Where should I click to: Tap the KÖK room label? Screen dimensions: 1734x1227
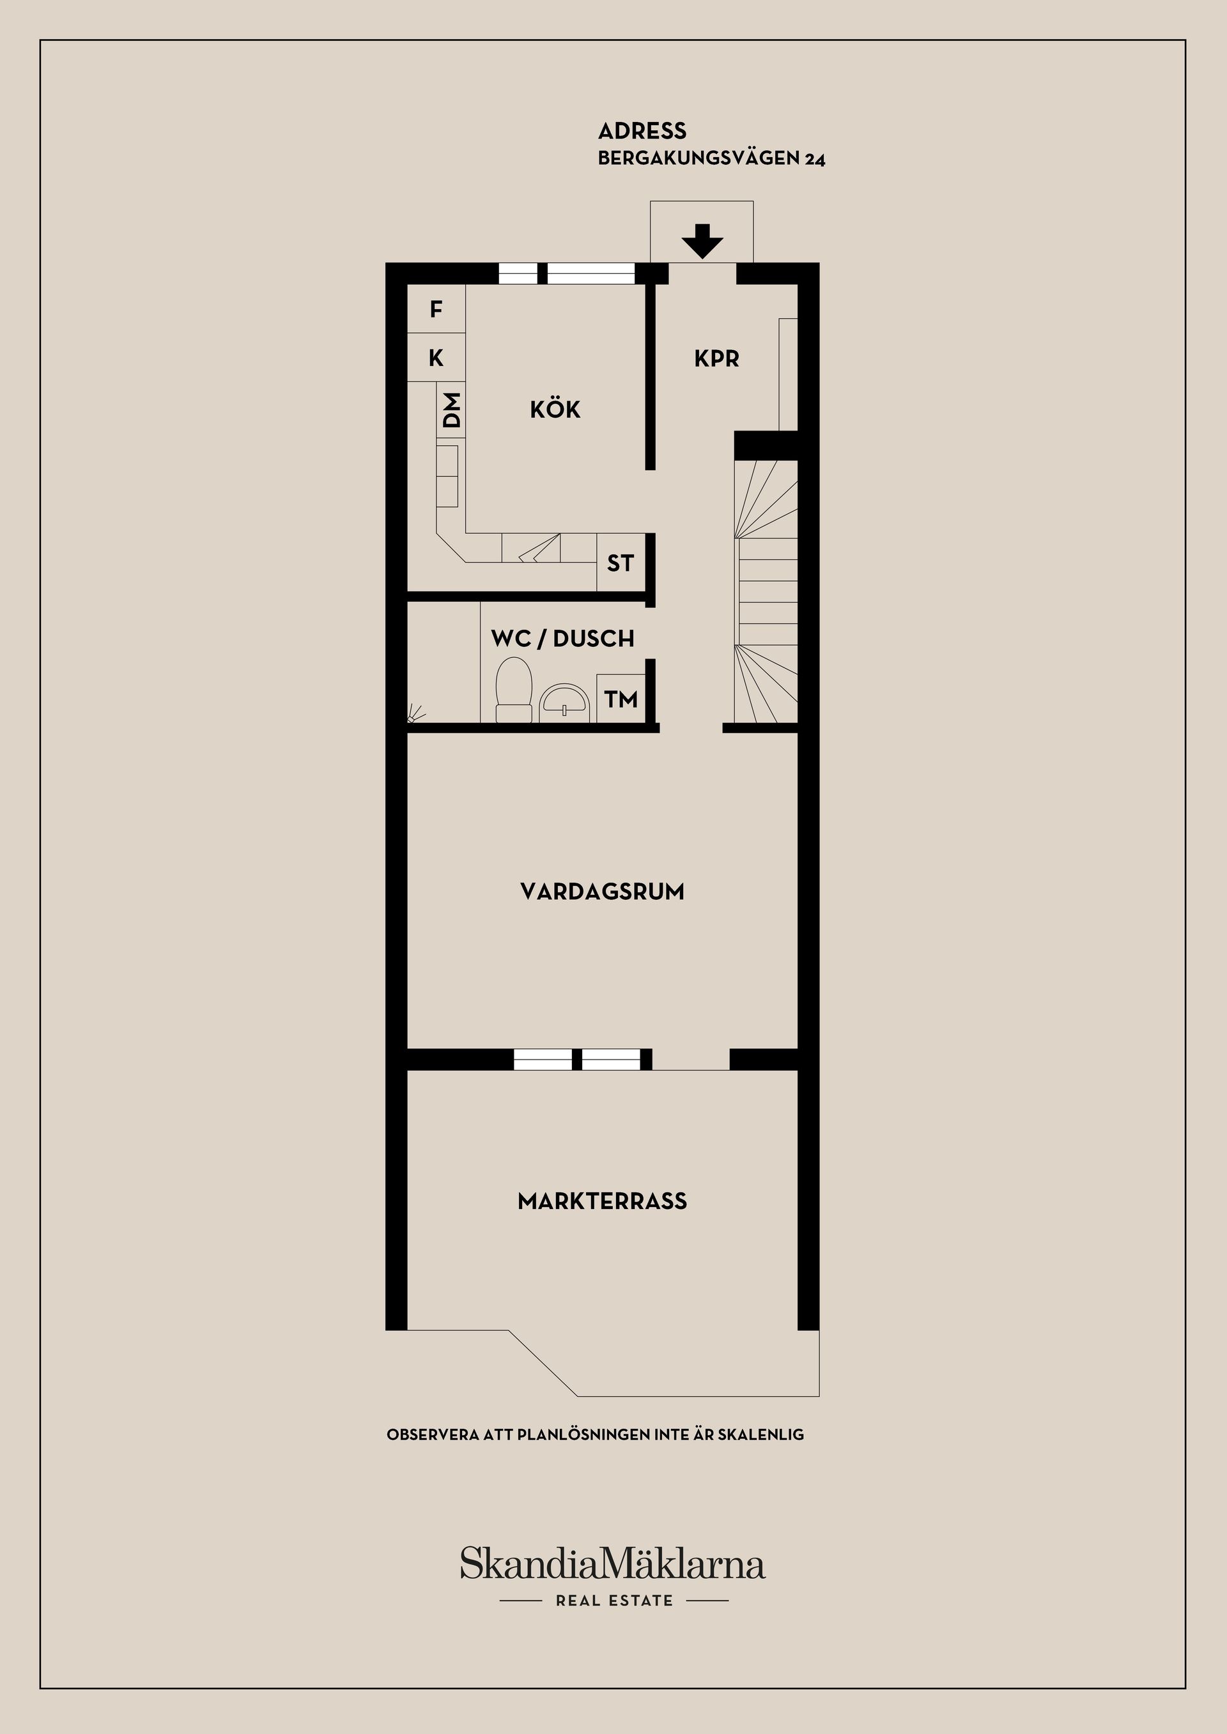[x=555, y=409]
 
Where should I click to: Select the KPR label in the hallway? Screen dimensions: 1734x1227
[x=716, y=359]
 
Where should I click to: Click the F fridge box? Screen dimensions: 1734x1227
[x=436, y=309]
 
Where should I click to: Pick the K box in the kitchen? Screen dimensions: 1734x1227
[x=436, y=357]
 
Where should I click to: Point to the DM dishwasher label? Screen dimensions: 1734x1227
[x=451, y=410]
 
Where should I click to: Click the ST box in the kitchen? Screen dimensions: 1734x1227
[x=621, y=563]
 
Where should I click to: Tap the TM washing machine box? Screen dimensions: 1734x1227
[x=621, y=699]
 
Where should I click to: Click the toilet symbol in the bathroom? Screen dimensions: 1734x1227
[x=513, y=688]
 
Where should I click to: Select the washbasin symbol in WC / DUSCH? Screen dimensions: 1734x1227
[x=564, y=700]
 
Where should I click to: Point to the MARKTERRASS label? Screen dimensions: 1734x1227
[x=602, y=1201]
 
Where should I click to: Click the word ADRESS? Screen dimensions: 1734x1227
[x=642, y=132]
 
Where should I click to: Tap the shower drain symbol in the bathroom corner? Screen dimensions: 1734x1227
[x=414, y=713]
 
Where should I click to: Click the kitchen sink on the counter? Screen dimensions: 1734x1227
[x=539, y=547]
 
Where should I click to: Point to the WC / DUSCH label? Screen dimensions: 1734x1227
[x=562, y=639]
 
